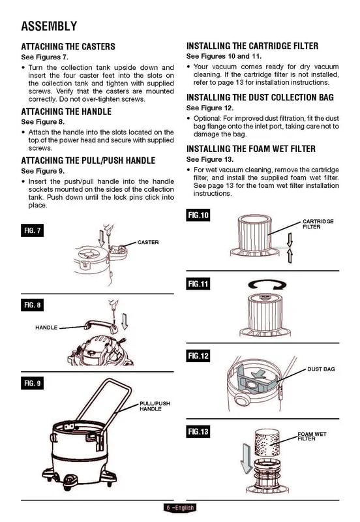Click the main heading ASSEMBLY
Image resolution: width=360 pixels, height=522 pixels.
(49, 26)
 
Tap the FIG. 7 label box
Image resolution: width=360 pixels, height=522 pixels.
(32, 230)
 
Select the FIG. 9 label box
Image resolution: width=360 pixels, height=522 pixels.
(32, 383)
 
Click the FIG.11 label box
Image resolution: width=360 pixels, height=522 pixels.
(198, 284)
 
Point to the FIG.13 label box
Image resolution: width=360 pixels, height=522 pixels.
(198, 431)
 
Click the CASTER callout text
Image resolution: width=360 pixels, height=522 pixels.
(148, 242)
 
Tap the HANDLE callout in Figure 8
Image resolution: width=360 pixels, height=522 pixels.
(46, 328)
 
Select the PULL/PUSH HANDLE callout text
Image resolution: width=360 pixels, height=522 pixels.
(155, 406)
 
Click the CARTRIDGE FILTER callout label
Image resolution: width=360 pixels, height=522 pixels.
(318, 224)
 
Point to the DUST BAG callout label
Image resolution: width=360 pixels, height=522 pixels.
(321, 369)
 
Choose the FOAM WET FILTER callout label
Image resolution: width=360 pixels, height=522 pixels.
(312, 437)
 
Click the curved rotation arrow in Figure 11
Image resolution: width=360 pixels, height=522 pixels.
(267, 284)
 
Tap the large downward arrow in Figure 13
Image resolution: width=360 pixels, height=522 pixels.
(247, 458)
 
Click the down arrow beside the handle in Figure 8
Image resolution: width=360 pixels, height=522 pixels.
(125, 321)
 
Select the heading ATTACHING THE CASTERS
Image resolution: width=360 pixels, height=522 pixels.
(68, 46)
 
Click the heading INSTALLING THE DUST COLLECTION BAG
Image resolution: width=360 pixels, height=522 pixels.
(260, 97)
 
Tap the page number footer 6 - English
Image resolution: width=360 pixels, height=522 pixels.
(180, 508)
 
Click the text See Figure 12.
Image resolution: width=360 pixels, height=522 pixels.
(210, 108)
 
